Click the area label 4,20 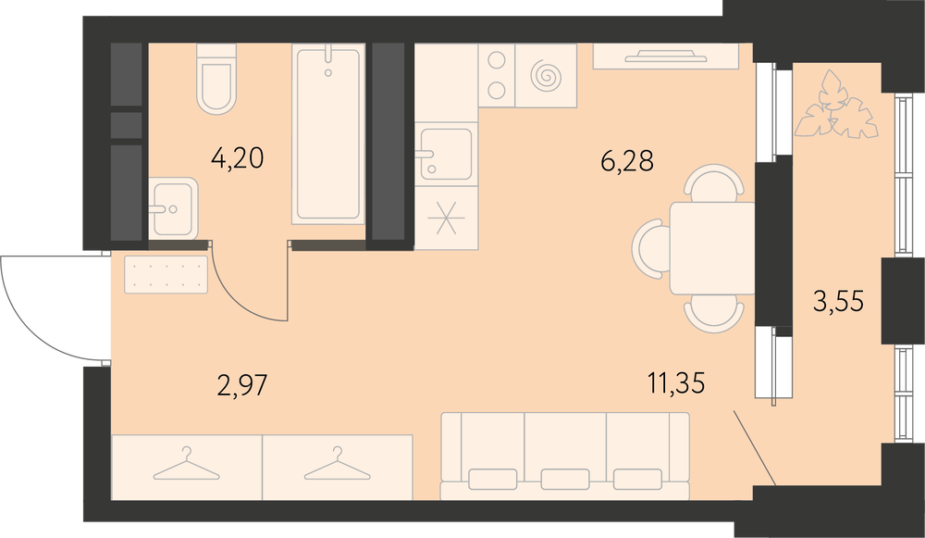pyautogui.click(x=237, y=158)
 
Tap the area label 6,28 pyautogui.click(x=627, y=161)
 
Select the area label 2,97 pyautogui.click(x=242, y=386)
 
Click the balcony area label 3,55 pyautogui.click(x=838, y=302)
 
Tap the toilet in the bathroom pyautogui.click(x=216, y=79)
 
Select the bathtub pyautogui.click(x=328, y=134)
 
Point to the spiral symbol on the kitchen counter pyautogui.click(x=546, y=76)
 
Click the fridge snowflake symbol pyautogui.click(x=446, y=218)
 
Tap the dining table pyautogui.click(x=712, y=248)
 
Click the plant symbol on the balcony pyautogui.click(x=836, y=106)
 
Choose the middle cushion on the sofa pyautogui.click(x=564, y=479)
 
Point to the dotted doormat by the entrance pyautogui.click(x=166, y=275)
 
